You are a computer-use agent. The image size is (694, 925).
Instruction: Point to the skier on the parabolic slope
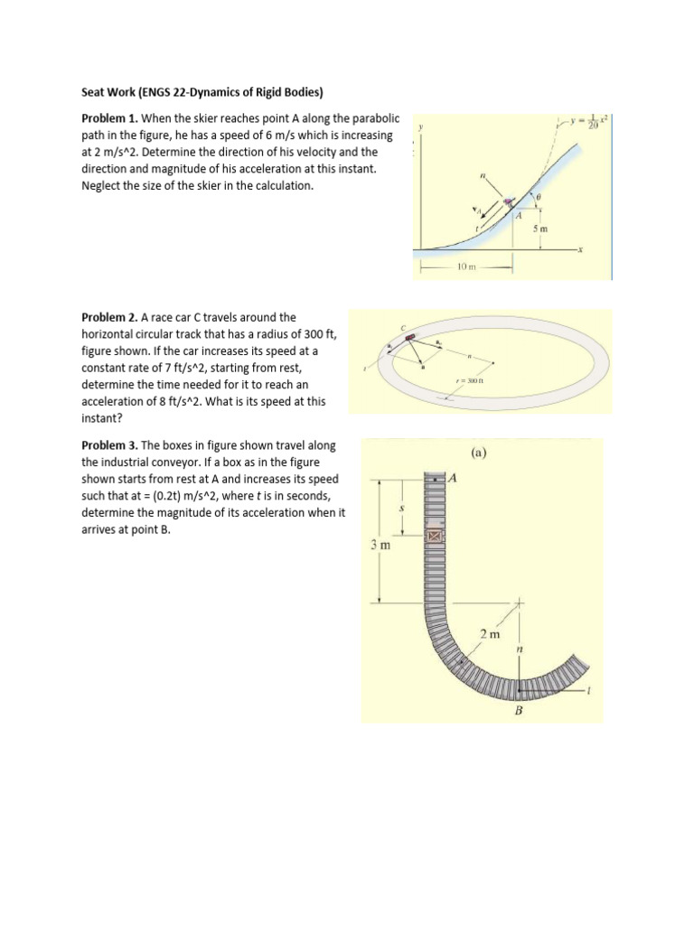(509, 202)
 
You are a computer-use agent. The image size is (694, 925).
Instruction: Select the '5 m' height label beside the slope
(539, 229)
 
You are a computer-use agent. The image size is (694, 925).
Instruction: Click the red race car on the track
(409, 338)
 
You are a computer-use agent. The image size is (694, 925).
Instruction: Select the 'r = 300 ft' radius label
(473, 381)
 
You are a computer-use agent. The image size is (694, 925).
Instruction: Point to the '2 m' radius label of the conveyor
(489, 635)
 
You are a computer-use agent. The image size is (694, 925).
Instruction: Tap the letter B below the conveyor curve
(519, 711)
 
